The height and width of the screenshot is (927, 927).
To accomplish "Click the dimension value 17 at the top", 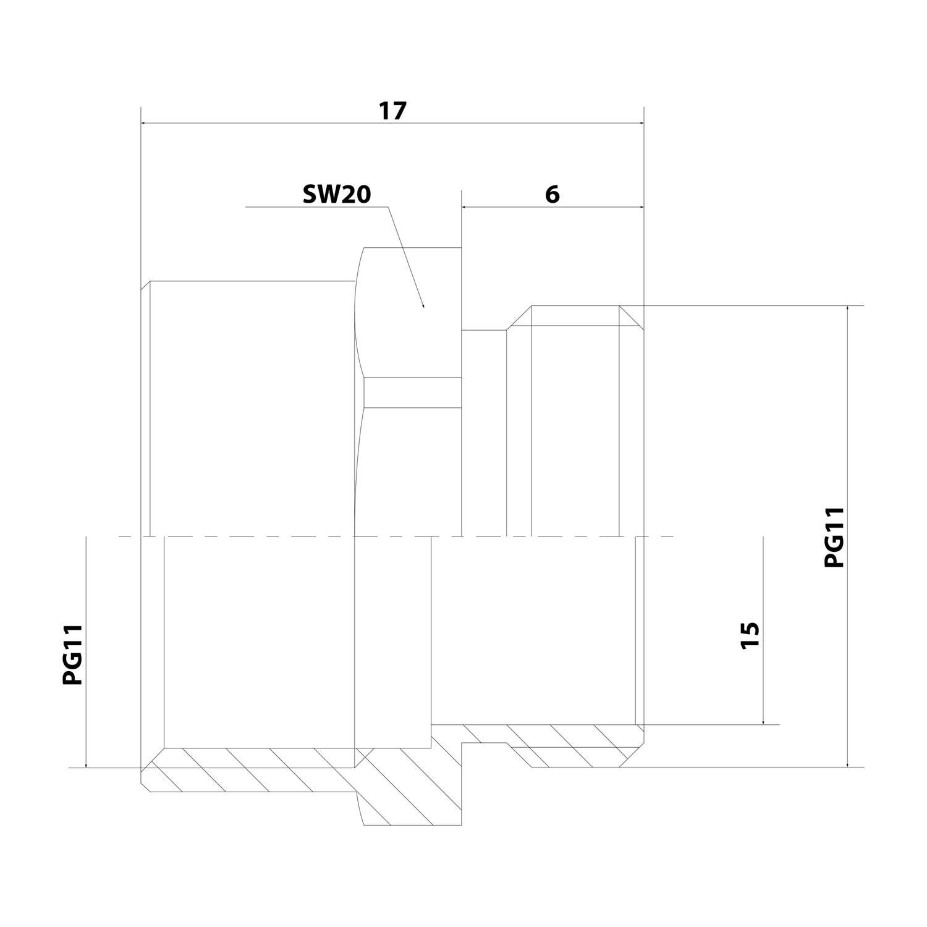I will coord(392,111).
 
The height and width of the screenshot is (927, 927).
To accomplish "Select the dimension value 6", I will coord(552,194).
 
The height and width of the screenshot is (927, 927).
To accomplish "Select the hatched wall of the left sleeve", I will coord(247,769).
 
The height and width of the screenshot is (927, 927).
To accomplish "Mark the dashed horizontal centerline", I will coord(396,536).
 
